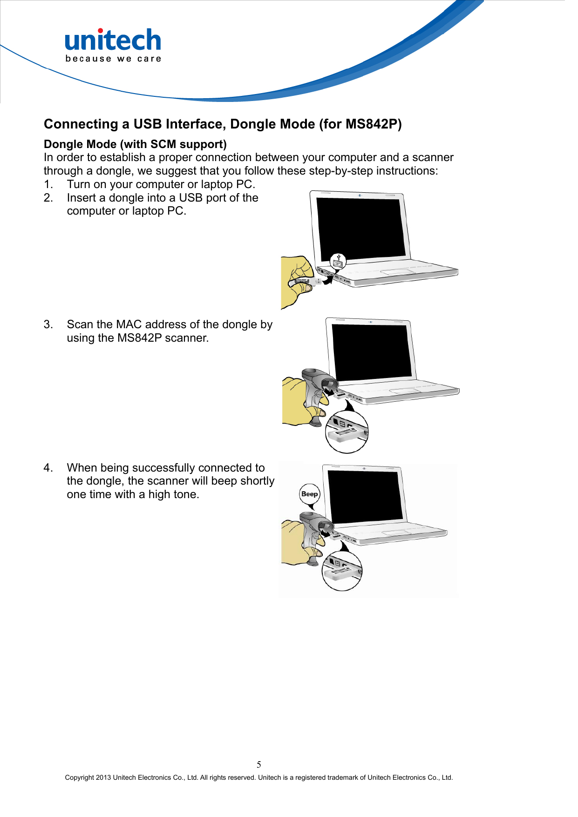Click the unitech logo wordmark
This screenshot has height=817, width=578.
(113, 41)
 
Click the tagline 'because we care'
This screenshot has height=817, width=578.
(113, 59)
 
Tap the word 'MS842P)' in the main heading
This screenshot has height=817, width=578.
(374, 124)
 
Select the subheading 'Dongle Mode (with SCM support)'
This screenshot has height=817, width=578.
(135, 144)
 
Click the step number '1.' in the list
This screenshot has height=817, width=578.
(48, 184)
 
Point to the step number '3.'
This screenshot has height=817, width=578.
(48, 324)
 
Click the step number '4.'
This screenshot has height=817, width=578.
(48, 468)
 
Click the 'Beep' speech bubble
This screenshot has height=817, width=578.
(310, 494)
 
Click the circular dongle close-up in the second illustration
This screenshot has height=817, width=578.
(347, 432)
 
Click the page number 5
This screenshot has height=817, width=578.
(259, 764)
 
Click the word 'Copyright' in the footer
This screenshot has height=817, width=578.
(79, 777)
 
